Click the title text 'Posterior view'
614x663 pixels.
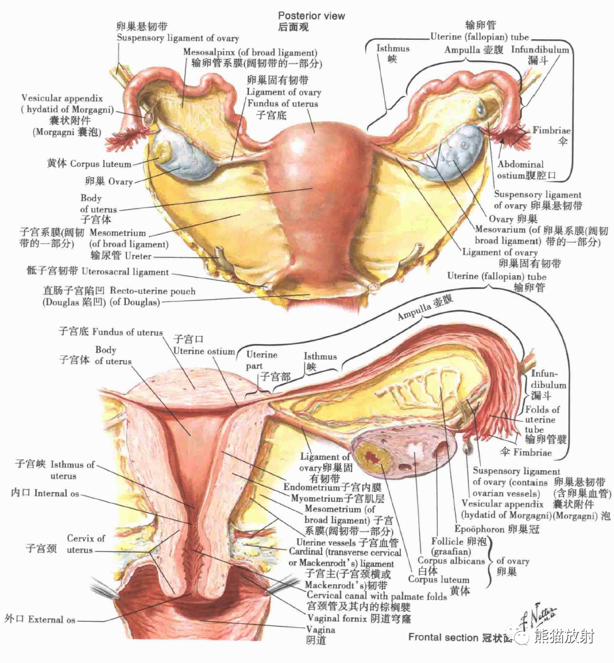point(311,15)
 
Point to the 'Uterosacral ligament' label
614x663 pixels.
point(125,272)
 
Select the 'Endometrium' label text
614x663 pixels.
point(311,487)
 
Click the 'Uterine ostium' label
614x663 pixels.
point(204,351)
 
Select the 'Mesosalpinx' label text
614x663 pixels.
point(211,52)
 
